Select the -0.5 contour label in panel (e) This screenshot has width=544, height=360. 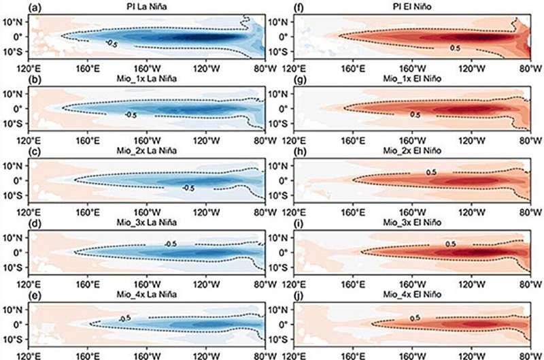click(124, 318)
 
